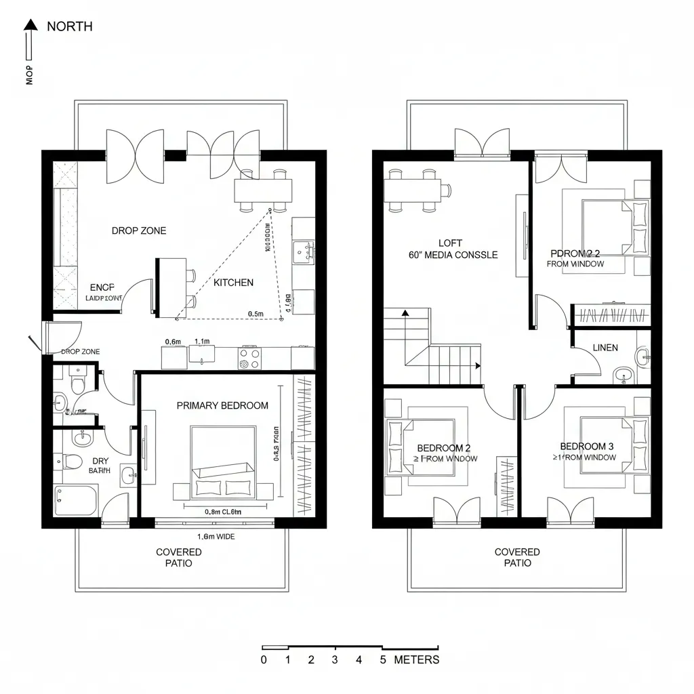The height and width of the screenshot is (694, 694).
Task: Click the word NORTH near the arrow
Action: click(70, 26)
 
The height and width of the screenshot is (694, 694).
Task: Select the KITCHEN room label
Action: click(233, 283)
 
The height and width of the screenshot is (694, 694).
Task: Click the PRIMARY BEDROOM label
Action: click(222, 405)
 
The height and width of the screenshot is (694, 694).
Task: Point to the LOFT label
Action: click(450, 243)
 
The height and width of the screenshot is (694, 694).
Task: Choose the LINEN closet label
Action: click(605, 348)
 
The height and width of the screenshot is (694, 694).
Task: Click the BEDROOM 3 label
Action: click(587, 446)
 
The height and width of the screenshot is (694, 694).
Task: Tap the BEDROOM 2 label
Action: click(443, 448)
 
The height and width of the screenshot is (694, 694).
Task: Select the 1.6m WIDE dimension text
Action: click(216, 536)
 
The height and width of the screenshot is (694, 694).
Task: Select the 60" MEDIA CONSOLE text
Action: click(453, 256)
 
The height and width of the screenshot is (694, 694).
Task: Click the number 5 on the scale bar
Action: click(382, 659)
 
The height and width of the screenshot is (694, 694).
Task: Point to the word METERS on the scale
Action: click(416, 659)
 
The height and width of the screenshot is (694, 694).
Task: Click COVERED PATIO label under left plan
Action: click(178, 557)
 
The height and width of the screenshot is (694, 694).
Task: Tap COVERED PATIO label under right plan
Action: click(516, 557)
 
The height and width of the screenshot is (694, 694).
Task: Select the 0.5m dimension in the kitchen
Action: click(256, 314)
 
